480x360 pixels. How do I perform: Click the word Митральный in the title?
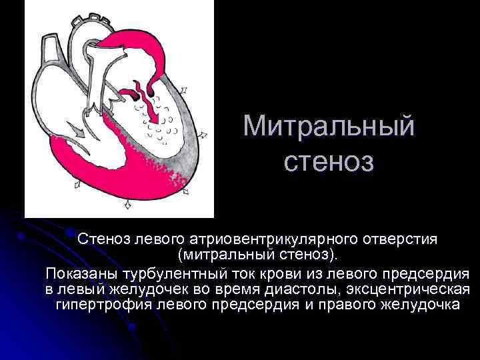click(x=329, y=127)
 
